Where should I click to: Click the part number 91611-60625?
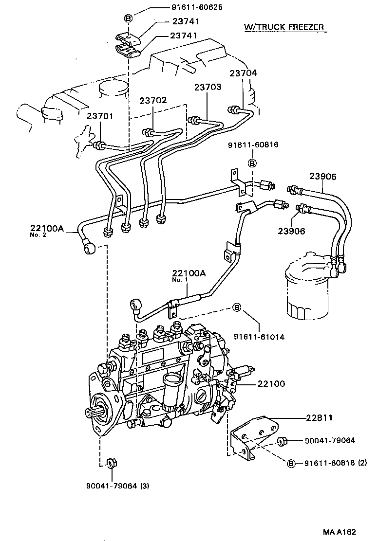tap(183, 8)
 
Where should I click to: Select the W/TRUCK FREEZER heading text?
tap(284, 27)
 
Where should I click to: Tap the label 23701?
tap(100, 116)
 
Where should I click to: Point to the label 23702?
tap(153, 101)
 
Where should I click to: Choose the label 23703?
tap(208, 88)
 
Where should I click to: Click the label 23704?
tap(244, 73)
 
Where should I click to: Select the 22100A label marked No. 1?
tap(189, 273)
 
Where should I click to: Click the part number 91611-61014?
tap(259, 336)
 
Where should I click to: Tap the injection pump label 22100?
tap(269, 384)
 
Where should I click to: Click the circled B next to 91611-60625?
tap(129, 18)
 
